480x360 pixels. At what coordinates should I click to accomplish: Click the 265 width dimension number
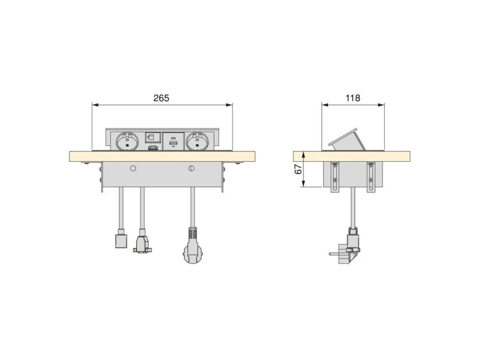(x=161, y=98)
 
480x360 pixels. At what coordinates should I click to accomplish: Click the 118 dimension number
(x=353, y=98)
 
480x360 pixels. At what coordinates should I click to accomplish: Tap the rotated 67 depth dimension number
(x=298, y=169)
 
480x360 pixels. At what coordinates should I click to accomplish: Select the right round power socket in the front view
(x=198, y=141)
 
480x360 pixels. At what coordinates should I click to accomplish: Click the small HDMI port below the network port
(x=153, y=149)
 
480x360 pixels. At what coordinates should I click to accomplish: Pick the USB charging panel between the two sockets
(x=173, y=141)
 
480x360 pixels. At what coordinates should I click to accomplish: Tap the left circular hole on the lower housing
(x=133, y=168)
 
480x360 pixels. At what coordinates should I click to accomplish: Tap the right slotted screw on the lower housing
(x=192, y=168)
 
